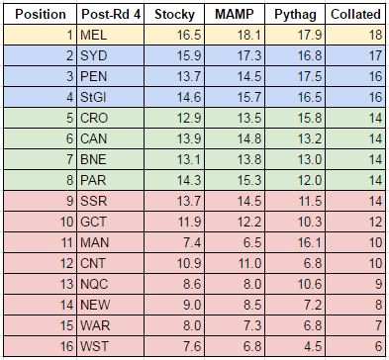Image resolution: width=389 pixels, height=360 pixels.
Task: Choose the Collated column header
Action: [x=353, y=16]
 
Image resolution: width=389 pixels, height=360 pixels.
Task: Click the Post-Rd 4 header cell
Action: [x=110, y=16]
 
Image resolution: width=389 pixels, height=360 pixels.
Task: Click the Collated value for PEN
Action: [x=370, y=78]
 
